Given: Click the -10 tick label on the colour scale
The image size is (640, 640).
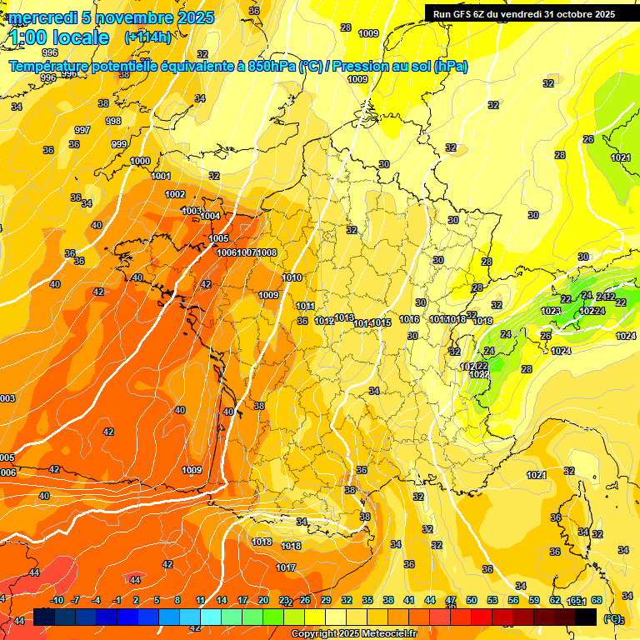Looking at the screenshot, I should click(x=56, y=601).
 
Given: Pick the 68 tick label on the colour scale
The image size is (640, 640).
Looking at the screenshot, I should click(x=596, y=601).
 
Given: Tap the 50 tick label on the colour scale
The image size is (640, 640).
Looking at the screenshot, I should click(x=472, y=601).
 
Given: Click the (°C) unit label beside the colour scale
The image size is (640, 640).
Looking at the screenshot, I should click(x=613, y=618).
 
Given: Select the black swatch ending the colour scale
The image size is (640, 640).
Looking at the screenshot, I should click(x=586, y=617).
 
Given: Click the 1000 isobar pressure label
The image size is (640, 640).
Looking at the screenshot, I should click(x=140, y=161).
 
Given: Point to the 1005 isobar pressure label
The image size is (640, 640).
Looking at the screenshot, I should click(x=218, y=238).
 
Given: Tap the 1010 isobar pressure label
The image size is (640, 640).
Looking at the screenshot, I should click(x=292, y=277).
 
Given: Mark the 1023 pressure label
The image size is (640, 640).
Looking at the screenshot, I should click(x=551, y=311).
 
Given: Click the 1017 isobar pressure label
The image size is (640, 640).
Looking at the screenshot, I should click(x=286, y=567).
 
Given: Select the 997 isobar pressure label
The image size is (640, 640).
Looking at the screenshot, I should click(x=82, y=130).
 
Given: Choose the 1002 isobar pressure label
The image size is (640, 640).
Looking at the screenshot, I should click(x=175, y=194).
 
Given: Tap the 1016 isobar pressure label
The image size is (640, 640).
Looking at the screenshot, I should click(x=409, y=319).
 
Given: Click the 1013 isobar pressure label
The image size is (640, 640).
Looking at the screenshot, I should click(x=344, y=317).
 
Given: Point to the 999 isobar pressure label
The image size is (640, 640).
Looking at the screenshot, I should click(x=119, y=144).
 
